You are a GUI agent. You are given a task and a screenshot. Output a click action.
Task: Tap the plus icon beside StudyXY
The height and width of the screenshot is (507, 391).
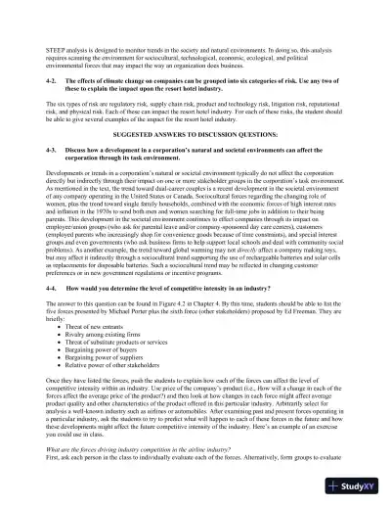[337, 486]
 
